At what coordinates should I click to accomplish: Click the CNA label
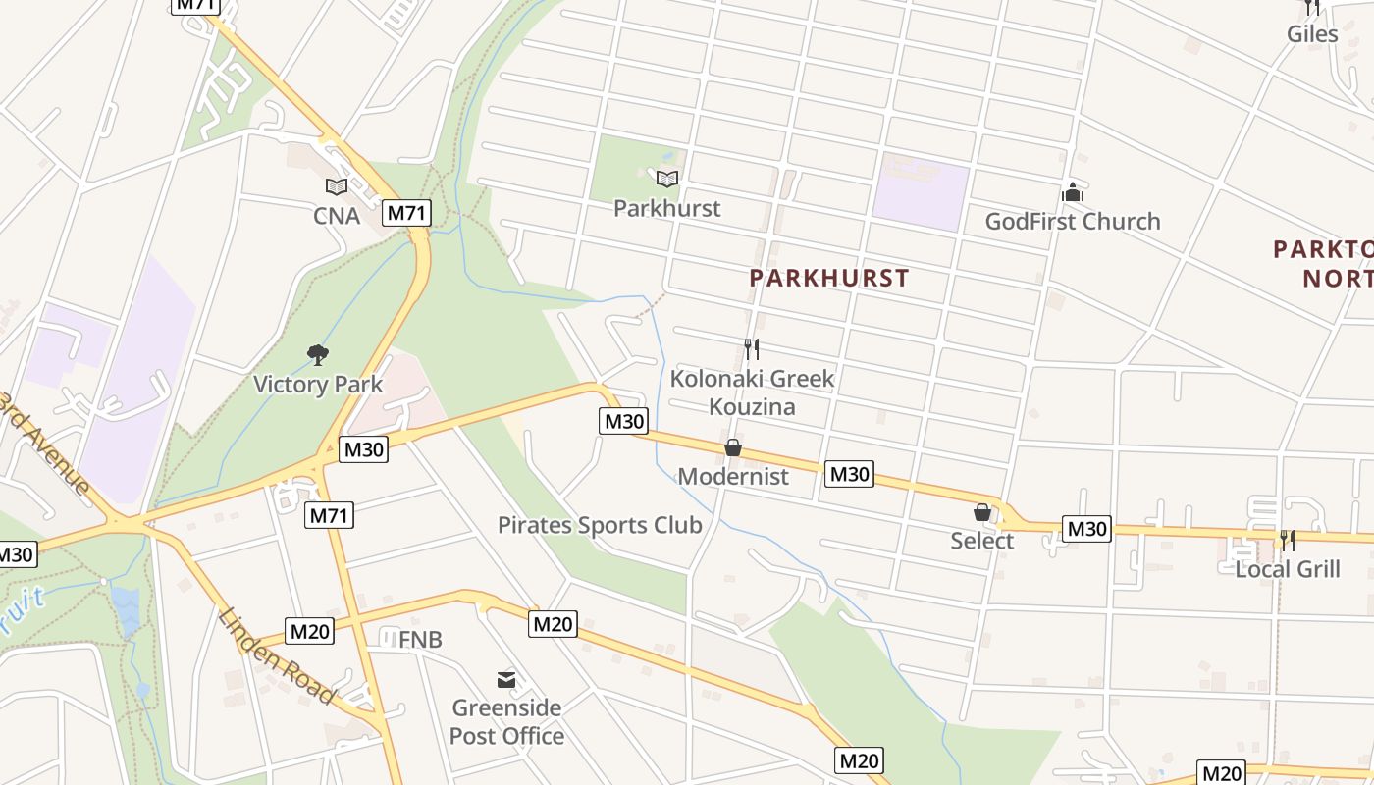[337, 215]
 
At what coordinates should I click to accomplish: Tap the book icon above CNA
[337, 186]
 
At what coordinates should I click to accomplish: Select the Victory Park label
[318, 384]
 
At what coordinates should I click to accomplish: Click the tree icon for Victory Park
[317, 354]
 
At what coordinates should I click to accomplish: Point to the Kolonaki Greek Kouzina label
[752, 392]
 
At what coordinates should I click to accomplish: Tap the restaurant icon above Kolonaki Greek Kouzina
[751, 348]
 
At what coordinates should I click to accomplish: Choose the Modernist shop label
[733, 477]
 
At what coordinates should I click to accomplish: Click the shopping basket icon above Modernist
[733, 448]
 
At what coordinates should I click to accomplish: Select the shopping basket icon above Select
[981, 512]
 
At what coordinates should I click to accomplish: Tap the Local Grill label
[1287, 569]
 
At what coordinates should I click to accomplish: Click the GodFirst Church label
[1072, 222]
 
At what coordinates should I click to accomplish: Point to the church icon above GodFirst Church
[1073, 192]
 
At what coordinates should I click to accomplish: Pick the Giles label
[1312, 34]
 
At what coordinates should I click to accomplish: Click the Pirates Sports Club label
[600, 525]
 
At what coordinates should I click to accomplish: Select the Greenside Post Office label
[506, 721]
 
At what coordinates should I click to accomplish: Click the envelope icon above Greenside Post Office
[506, 679]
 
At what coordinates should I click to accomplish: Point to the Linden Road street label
[276, 655]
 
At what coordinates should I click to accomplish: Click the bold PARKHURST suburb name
[829, 278]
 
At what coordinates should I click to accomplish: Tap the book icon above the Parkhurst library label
[667, 179]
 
